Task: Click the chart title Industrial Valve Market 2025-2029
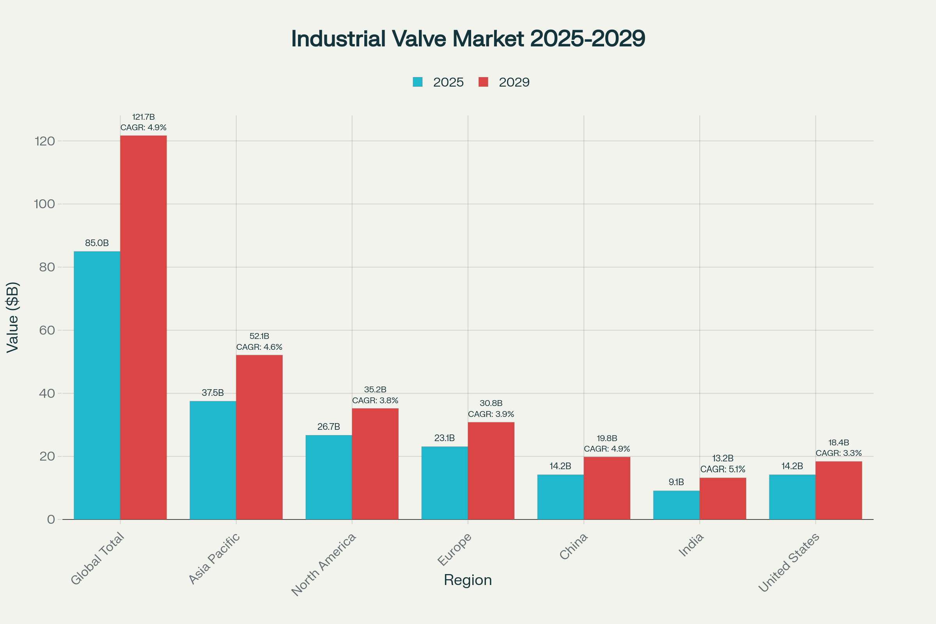pyautogui.click(x=468, y=39)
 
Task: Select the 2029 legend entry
pyautogui.click(x=504, y=82)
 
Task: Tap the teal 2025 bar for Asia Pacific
pyautogui.click(x=213, y=460)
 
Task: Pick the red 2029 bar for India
pyautogui.click(x=723, y=498)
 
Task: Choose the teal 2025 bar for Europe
pyautogui.click(x=445, y=483)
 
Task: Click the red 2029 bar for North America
pyautogui.click(x=375, y=464)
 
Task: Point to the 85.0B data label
pyautogui.click(x=97, y=243)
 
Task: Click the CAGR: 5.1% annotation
pyautogui.click(x=723, y=469)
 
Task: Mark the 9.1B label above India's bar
pyautogui.click(x=676, y=482)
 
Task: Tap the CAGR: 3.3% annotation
pyautogui.click(x=838, y=453)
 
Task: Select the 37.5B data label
pyautogui.click(x=213, y=393)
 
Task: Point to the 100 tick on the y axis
pyautogui.click(x=44, y=204)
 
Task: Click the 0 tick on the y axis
pyautogui.click(x=51, y=519)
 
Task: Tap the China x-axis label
pyautogui.click(x=573, y=546)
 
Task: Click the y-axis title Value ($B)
pyautogui.click(x=13, y=317)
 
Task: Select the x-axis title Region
pyautogui.click(x=468, y=580)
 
